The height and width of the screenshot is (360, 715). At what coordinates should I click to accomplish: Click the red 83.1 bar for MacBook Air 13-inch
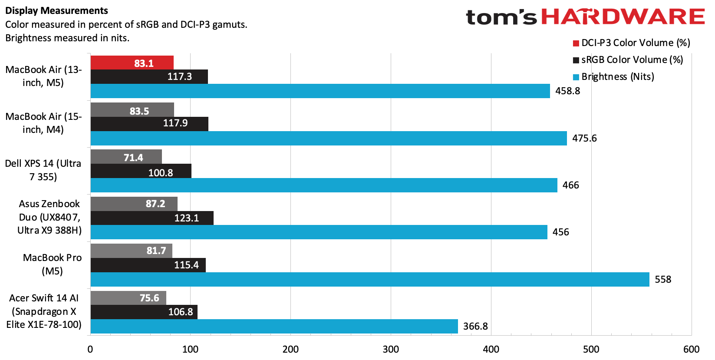tap(132, 63)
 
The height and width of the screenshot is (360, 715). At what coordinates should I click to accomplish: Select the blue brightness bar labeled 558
tap(370, 279)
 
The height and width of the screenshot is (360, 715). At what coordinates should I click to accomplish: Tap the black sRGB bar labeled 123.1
tap(152, 218)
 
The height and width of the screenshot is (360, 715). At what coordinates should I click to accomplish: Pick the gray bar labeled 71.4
tap(126, 157)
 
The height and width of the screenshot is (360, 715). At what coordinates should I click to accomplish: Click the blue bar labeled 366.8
tap(274, 326)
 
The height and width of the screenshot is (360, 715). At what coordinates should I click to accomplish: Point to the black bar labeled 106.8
tap(144, 312)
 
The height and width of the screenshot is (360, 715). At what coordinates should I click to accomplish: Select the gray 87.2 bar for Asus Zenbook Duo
tap(134, 204)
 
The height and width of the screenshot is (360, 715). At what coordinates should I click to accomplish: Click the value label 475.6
tap(584, 138)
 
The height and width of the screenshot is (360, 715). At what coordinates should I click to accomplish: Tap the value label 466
tap(570, 185)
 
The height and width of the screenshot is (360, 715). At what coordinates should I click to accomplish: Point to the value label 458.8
tap(567, 91)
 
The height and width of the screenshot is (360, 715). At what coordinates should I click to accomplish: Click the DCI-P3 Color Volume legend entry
tap(631, 43)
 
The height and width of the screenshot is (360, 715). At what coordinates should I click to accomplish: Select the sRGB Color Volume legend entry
tap(628, 59)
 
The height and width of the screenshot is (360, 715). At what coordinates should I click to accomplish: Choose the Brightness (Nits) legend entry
tap(613, 76)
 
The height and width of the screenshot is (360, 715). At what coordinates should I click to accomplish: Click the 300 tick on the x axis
tap(391, 349)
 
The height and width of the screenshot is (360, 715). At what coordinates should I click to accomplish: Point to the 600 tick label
tap(691, 349)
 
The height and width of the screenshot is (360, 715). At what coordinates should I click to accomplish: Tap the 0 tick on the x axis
tap(90, 349)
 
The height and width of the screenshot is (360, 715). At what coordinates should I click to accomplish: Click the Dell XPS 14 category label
tap(43, 170)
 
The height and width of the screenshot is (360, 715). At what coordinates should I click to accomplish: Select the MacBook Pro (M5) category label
tap(52, 264)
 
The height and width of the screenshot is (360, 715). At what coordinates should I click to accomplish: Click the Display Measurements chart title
tap(57, 11)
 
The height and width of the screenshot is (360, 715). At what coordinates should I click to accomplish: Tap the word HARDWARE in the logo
tap(623, 17)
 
